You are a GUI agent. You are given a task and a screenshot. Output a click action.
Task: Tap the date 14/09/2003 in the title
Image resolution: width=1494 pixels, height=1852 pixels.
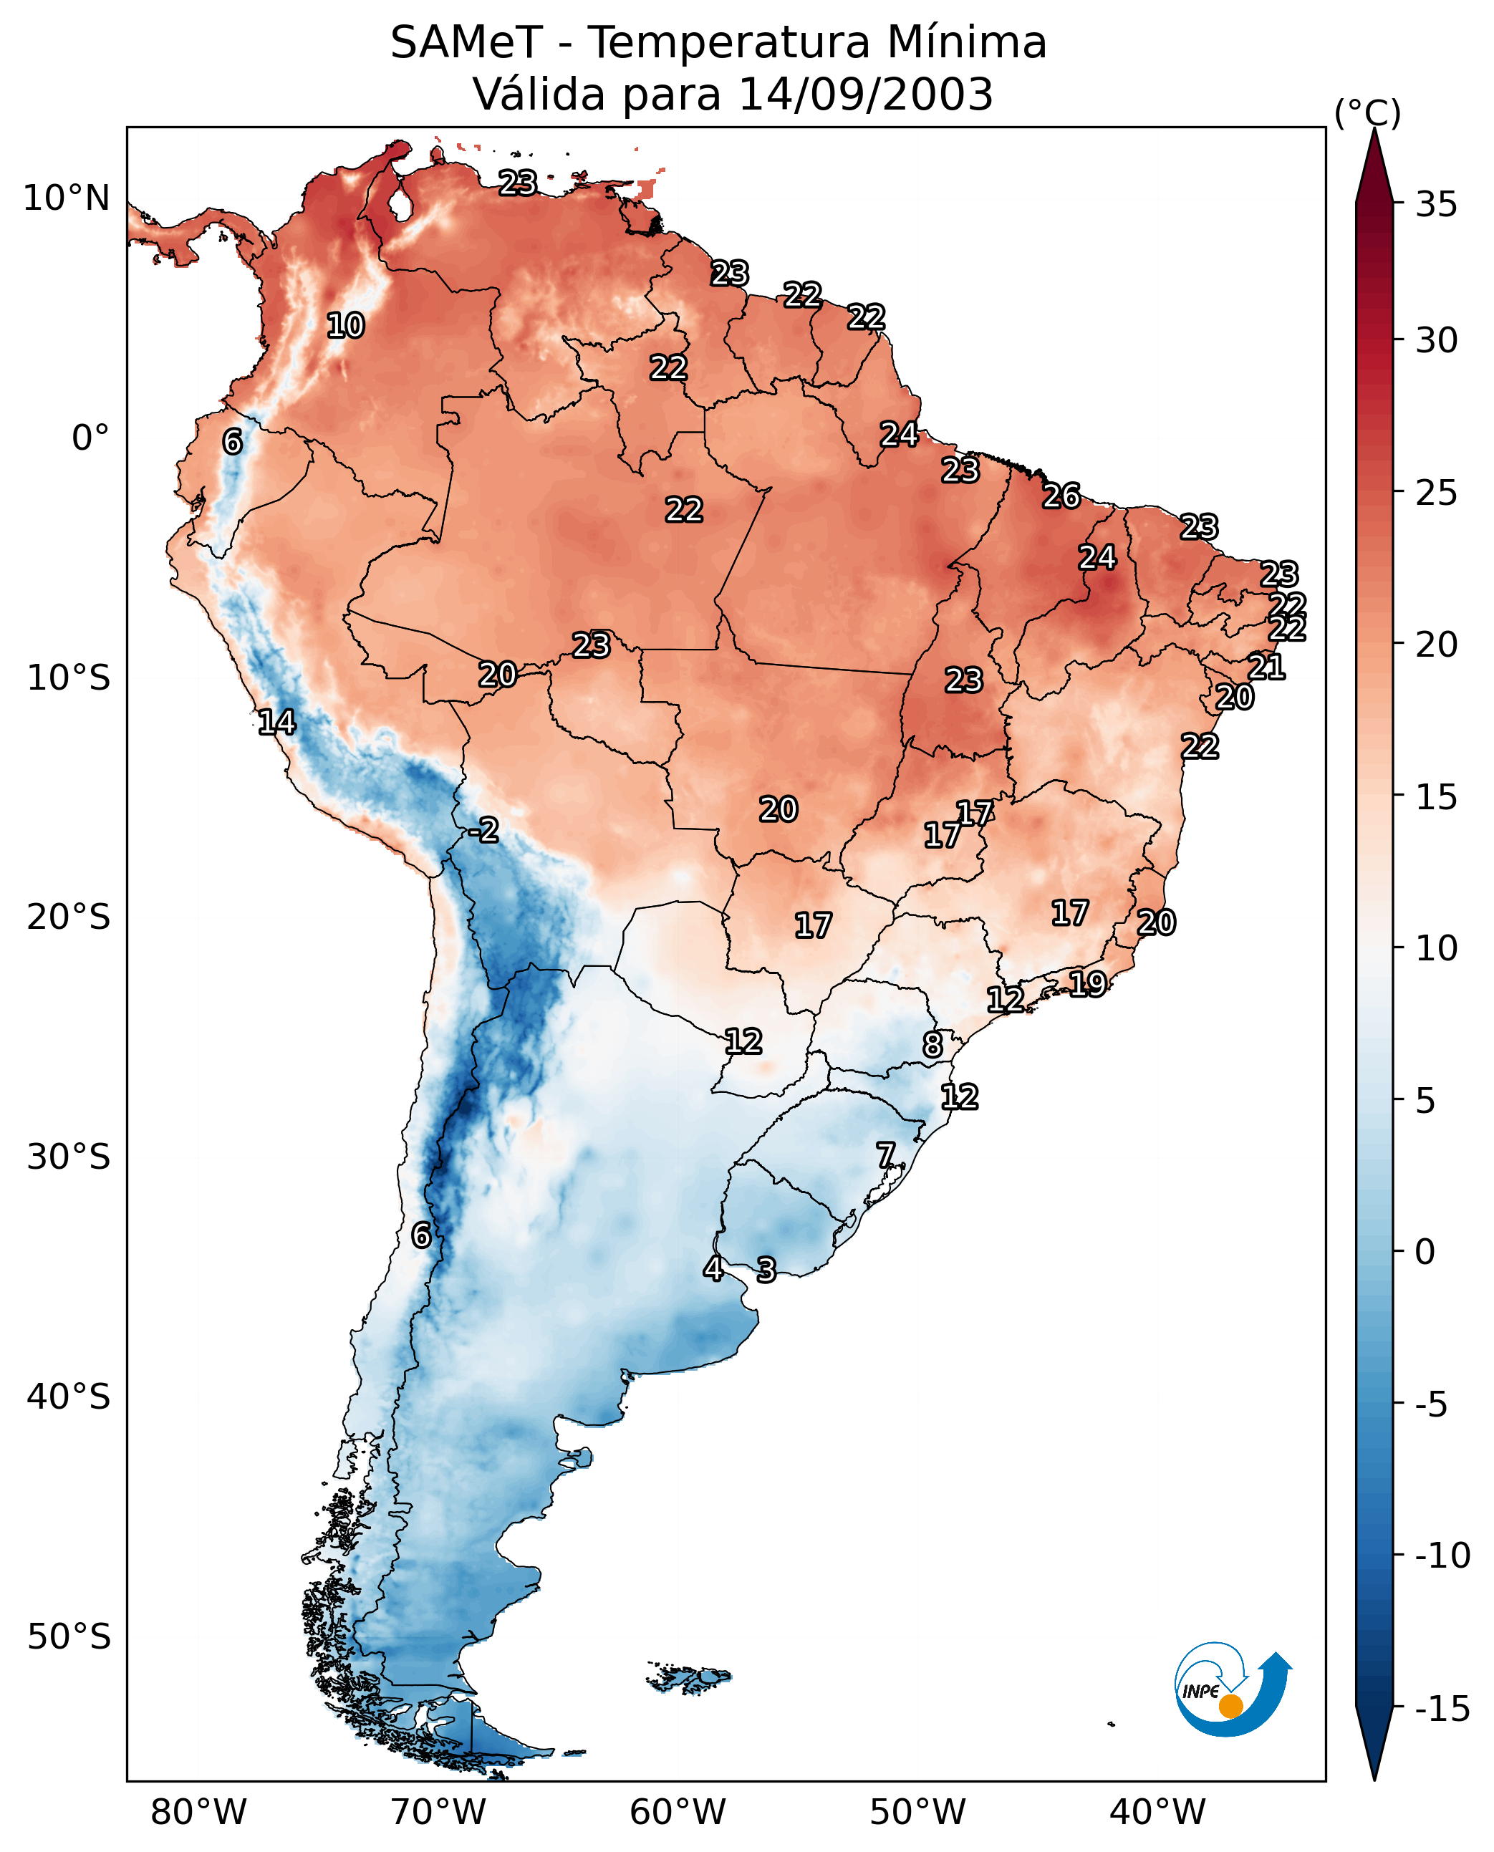pyautogui.click(x=866, y=94)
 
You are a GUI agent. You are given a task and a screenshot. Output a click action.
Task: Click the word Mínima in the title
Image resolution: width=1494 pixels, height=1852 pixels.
pyautogui.click(x=966, y=42)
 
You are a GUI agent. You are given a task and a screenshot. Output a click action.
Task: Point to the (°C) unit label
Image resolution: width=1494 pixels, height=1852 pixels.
pyautogui.click(x=1367, y=112)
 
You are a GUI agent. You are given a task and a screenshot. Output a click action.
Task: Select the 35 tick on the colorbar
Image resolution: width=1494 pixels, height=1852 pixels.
pyautogui.click(x=1436, y=205)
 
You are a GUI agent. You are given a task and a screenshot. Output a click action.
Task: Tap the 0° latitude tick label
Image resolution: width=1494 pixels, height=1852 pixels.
pyautogui.click(x=90, y=438)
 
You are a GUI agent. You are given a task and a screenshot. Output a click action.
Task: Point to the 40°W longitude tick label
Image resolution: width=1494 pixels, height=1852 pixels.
pyautogui.click(x=1157, y=1813)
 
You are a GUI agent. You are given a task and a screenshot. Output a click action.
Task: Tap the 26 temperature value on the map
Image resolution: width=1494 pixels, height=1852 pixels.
pyautogui.click(x=1061, y=496)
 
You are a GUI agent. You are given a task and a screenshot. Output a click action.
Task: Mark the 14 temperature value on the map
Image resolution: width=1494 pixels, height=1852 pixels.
pyautogui.click(x=277, y=722)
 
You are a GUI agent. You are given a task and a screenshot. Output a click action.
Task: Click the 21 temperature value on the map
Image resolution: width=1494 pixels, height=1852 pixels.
pyautogui.click(x=1267, y=667)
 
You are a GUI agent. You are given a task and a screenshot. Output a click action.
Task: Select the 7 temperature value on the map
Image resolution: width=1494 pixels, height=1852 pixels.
pyautogui.click(x=885, y=1155)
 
